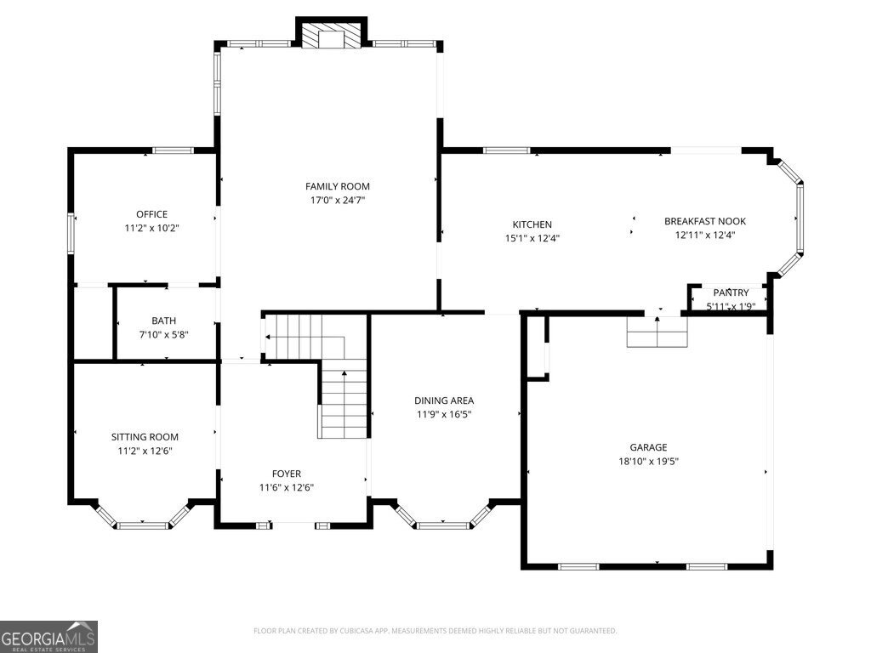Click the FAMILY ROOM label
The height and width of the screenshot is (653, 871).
click(x=338, y=186)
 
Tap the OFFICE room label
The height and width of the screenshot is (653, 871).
click(x=151, y=214)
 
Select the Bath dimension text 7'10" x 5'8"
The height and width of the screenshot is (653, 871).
click(x=164, y=334)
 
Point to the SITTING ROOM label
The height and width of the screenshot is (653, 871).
click(x=145, y=437)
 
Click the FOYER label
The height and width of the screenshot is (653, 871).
click(x=286, y=474)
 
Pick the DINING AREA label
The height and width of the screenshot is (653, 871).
click(x=444, y=400)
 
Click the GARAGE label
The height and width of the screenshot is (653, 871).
click(x=648, y=447)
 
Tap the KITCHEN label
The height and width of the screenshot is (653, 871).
click(x=532, y=224)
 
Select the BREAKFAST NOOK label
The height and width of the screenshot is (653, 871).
click(x=704, y=221)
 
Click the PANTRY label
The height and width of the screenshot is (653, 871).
click(x=731, y=292)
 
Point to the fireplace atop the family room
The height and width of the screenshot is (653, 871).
click(x=332, y=37)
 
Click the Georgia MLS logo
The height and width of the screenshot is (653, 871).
click(x=49, y=636)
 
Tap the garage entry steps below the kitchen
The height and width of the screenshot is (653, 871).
click(x=657, y=332)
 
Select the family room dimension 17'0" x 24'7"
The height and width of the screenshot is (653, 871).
click(x=338, y=201)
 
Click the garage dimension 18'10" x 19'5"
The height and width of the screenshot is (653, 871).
click(x=648, y=462)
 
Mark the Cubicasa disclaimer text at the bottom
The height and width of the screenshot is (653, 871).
click(x=435, y=631)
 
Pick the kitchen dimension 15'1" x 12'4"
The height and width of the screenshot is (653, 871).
click(x=532, y=238)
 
